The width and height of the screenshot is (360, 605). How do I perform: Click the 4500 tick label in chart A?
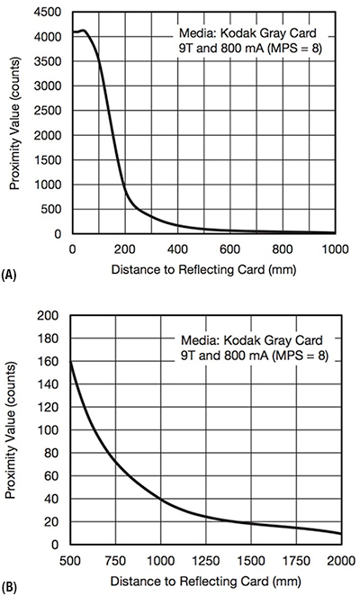point(49,12)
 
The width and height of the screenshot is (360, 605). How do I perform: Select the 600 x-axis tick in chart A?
point(230,249)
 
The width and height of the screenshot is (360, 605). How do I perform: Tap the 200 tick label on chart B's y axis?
point(52,316)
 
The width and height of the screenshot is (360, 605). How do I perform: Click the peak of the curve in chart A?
point(84,31)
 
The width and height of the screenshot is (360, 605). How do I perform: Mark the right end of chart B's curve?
point(340,534)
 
